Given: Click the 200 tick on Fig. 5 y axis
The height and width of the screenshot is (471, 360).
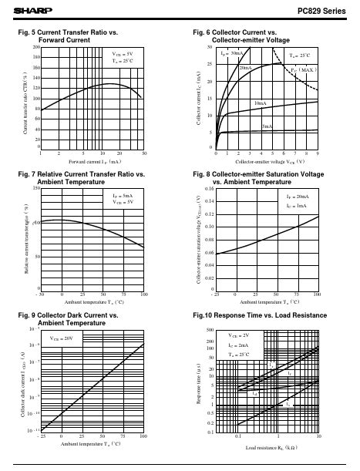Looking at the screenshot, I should [x=35, y=48].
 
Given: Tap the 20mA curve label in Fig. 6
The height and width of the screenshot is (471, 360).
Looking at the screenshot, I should [x=246, y=69].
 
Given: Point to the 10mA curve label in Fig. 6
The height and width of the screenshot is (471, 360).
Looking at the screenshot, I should [x=261, y=103].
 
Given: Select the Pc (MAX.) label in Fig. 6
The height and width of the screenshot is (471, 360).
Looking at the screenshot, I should [x=304, y=69].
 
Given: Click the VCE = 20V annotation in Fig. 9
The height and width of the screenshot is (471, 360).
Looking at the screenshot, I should [x=62, y=338].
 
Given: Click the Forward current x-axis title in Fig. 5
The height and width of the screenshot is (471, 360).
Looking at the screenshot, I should [x=93, y=163].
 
